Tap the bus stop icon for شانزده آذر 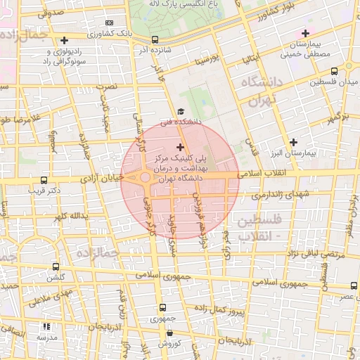pos(155,40)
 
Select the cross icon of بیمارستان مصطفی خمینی pos(305,33)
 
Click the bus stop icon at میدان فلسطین pos(333,70)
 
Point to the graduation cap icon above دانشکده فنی pos(180,111)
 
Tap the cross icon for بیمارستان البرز pos(293,141)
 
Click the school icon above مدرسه pos(47,326)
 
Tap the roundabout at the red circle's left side pos(146,178)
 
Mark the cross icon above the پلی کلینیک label pos(181,148)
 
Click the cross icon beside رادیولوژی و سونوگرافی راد pos(65,40)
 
